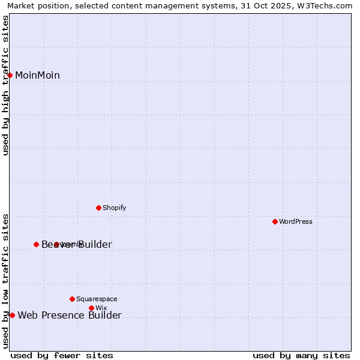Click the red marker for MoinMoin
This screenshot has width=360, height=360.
(x=10, y=75)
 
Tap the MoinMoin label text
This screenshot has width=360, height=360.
(x=37, y=76)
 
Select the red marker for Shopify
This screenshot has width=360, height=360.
(x=99, y=208)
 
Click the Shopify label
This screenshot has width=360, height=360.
(x=114, y=208)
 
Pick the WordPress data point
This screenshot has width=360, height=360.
(x=275, y=221)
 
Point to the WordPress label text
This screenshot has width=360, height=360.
(x=296, y=222)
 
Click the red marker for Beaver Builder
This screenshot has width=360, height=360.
(x=37, y=244)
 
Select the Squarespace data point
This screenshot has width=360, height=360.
(x=73, y=299)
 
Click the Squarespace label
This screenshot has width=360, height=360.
(x=97, y=299)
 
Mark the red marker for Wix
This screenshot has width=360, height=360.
(x=92, y=308)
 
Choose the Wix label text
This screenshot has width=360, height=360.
(x=101, y=308)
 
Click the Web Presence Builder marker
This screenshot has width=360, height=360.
(x=12, y=315)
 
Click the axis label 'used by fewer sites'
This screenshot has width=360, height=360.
(x=62, y=355)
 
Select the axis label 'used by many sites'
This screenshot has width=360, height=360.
(x=301, y=355)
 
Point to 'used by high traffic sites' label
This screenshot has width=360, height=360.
(x=6, y=85)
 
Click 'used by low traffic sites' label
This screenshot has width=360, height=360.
(x=6, y=281)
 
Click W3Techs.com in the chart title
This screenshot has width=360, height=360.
(x=324, y=6)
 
